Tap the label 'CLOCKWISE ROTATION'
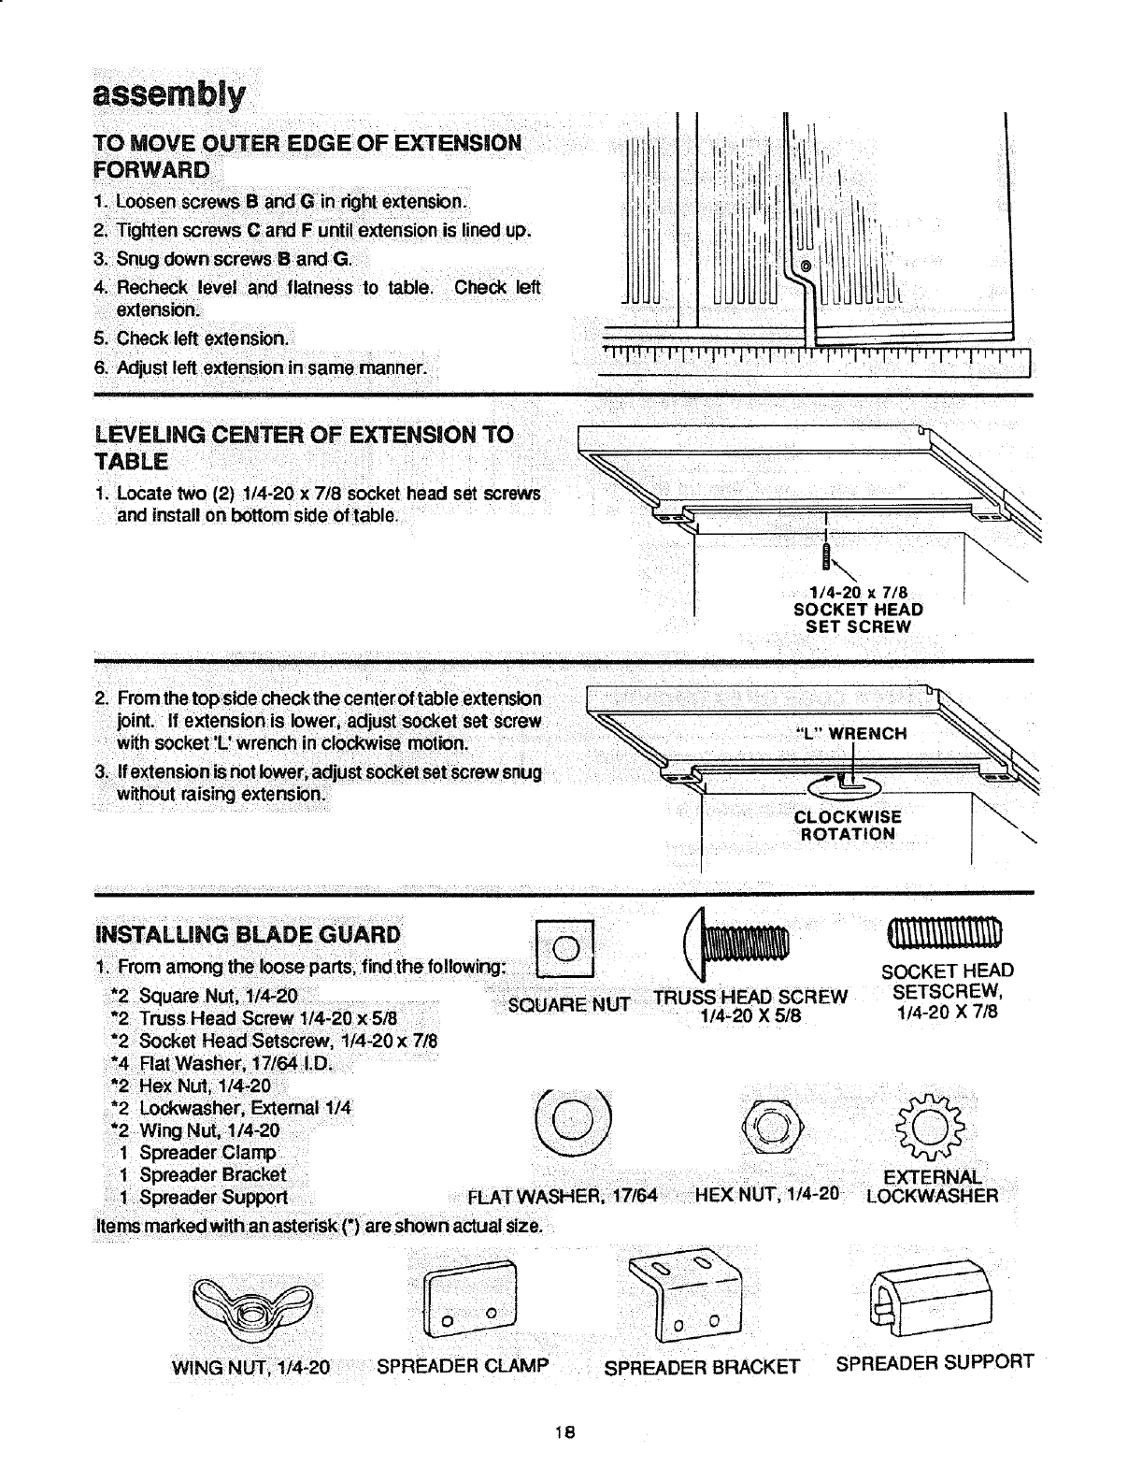[x=848, y=826]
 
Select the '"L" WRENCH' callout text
[x=850, y=733]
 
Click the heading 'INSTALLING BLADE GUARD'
[x=248, y=935]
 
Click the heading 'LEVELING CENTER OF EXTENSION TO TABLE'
[x=305, y=448]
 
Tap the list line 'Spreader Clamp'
[x=207, y=1152]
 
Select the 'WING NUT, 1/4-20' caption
[x=251, y=1367]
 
